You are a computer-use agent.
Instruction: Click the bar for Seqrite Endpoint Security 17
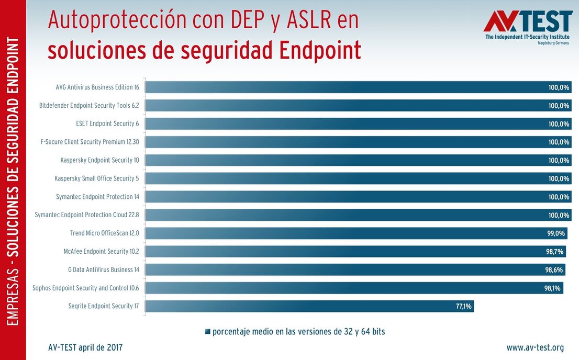pos(309,306)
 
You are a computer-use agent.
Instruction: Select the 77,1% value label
pos(464,306)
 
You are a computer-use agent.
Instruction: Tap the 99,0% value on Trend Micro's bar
pos(555,233)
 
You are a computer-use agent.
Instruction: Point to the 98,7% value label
pos(554,252)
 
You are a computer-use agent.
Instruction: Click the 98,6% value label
pos(554,270)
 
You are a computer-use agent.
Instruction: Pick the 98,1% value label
pos(552,288)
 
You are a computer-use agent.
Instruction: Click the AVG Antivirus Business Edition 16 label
pos(97,87)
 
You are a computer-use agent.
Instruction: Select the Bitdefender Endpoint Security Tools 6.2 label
pos(89,106)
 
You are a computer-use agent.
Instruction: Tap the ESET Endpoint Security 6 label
pos(107,124)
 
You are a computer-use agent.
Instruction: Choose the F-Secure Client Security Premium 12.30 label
pos(90,142)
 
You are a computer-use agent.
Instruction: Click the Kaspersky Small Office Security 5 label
pos(97,178)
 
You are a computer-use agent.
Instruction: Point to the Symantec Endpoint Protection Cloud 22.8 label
pos(87,215)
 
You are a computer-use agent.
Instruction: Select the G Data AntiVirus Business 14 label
pos(104,269)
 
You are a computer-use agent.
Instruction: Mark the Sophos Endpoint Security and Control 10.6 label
pos(86,288)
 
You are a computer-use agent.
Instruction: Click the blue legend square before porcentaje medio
pos(208,332)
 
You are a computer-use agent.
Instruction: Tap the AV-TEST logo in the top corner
pos(528,26)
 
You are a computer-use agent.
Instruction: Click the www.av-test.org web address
pos(535,347)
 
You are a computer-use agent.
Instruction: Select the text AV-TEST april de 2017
pos(86,347)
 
